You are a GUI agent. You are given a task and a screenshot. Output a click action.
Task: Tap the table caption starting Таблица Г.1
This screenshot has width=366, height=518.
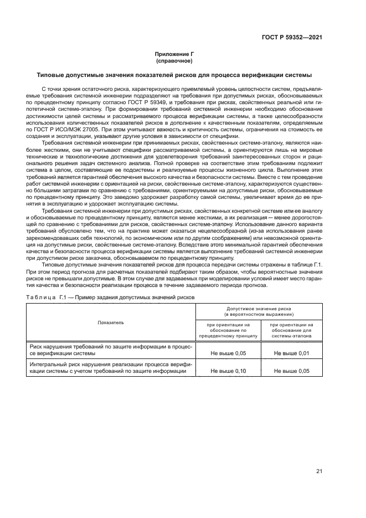(x=110, y=297)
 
